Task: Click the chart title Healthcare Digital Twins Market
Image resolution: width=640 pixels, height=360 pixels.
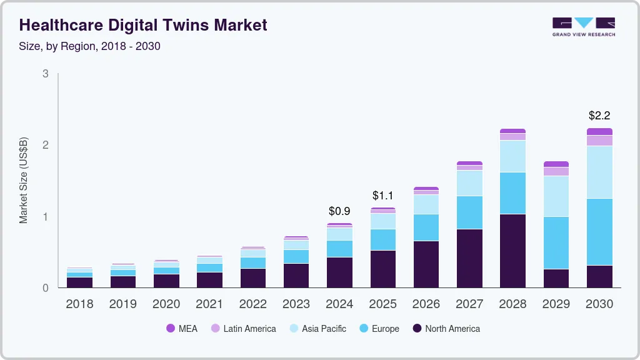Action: tap(143, 25)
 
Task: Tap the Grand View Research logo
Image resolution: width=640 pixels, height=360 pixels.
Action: tap(583, 27)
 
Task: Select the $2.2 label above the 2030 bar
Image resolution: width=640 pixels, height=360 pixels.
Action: tap(599, 116)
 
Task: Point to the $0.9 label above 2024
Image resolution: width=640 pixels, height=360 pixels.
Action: tap(339, 211)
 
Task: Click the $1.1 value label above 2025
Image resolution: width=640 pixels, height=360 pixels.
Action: tap(382, 196)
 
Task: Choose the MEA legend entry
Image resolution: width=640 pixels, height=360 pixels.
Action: tap(182, 328)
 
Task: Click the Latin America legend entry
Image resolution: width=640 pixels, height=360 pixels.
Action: tap(243, 328)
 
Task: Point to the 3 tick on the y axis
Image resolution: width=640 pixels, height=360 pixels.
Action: tap(45, 74)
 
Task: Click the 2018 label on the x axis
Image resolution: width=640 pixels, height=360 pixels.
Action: tap(79, 304)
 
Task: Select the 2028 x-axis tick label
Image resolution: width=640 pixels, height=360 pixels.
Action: tap(512, 304)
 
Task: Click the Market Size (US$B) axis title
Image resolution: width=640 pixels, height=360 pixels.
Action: tap(24, 180)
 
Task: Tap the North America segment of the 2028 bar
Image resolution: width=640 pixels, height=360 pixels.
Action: tap(512, 251)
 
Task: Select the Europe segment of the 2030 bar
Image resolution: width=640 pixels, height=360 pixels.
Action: tap(599, 232)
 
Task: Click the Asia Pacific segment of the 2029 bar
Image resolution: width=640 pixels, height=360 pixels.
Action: tap(556, 196)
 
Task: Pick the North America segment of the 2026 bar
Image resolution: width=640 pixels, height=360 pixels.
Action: tap(426, 264)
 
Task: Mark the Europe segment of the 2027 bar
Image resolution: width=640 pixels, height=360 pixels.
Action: tap(469, 212)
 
